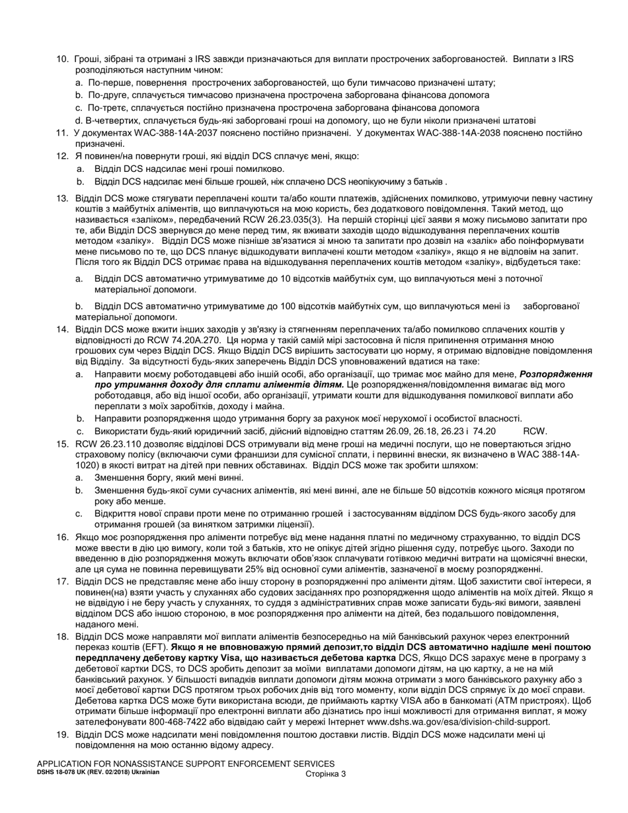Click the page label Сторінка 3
pos(326,774)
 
